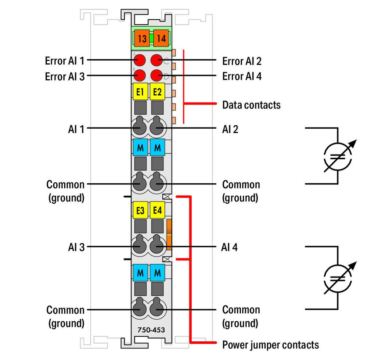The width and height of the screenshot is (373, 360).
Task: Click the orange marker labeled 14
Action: (161, 38)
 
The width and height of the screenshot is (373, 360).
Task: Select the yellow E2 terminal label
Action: (157, 92)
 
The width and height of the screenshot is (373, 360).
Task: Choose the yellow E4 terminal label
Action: (157, 210)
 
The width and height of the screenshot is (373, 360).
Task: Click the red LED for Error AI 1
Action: (140, 60)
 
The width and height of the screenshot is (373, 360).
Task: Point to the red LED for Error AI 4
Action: (157, 76)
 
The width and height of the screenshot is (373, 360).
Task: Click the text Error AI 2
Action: (242, 61)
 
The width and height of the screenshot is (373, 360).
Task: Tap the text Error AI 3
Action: (64, 77)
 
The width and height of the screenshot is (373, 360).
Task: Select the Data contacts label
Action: (251, 105)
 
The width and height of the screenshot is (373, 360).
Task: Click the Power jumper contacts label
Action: (270, 344)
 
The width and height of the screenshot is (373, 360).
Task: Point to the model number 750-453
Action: (151, 330)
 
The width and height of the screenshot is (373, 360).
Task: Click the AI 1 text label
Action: (76, 129)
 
